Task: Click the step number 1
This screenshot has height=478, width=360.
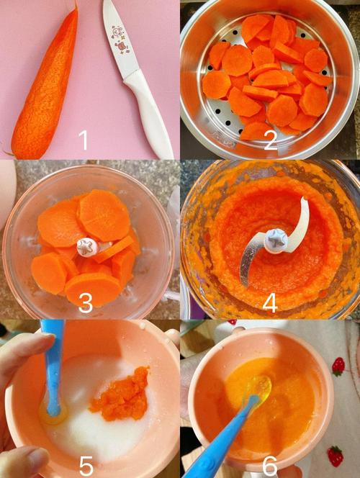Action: (x=84, y=140)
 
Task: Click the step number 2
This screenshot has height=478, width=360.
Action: (x=270, y=140)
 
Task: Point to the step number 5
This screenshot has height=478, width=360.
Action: (x=86, y=466)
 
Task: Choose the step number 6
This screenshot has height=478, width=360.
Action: (x=270, y=466)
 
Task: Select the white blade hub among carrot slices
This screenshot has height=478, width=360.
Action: (x=87, y=247)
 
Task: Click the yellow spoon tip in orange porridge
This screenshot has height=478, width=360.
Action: (x=260, y=391)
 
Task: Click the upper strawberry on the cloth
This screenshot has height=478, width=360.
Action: (x=338, y=366)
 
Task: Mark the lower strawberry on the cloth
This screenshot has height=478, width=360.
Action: (x=334, y=456)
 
